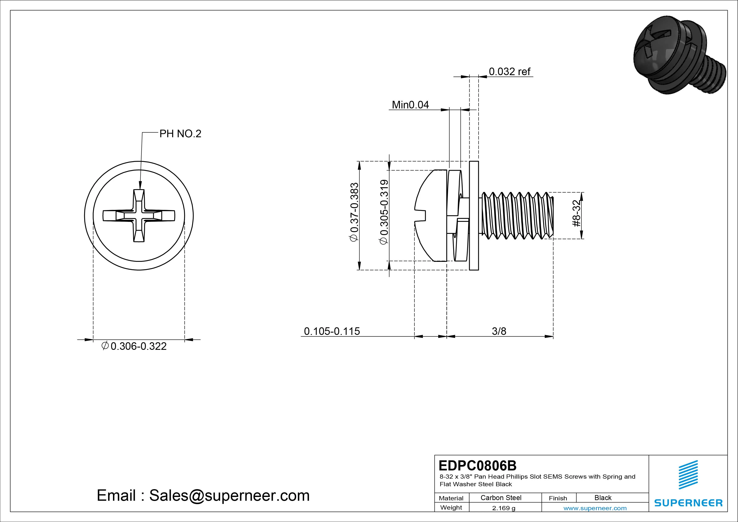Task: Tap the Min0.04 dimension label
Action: pos(410,105)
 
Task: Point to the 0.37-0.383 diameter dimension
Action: pos(354,212)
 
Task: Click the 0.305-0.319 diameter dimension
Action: pos(384,212)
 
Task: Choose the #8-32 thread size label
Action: pos(577,213)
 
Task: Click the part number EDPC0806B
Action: pos(477,465)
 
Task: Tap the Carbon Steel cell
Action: pos(501,498)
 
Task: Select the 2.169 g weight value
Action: pos(503,508)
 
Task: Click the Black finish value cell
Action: pos(603,498)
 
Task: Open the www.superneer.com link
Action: pos(595,508)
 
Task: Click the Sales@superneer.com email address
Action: pos(229,496)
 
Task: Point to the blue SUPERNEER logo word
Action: pos(688,503)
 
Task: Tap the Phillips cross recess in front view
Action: pos(139,216)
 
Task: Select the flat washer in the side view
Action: pos(474,216)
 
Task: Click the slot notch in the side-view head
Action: pos(420,216)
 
